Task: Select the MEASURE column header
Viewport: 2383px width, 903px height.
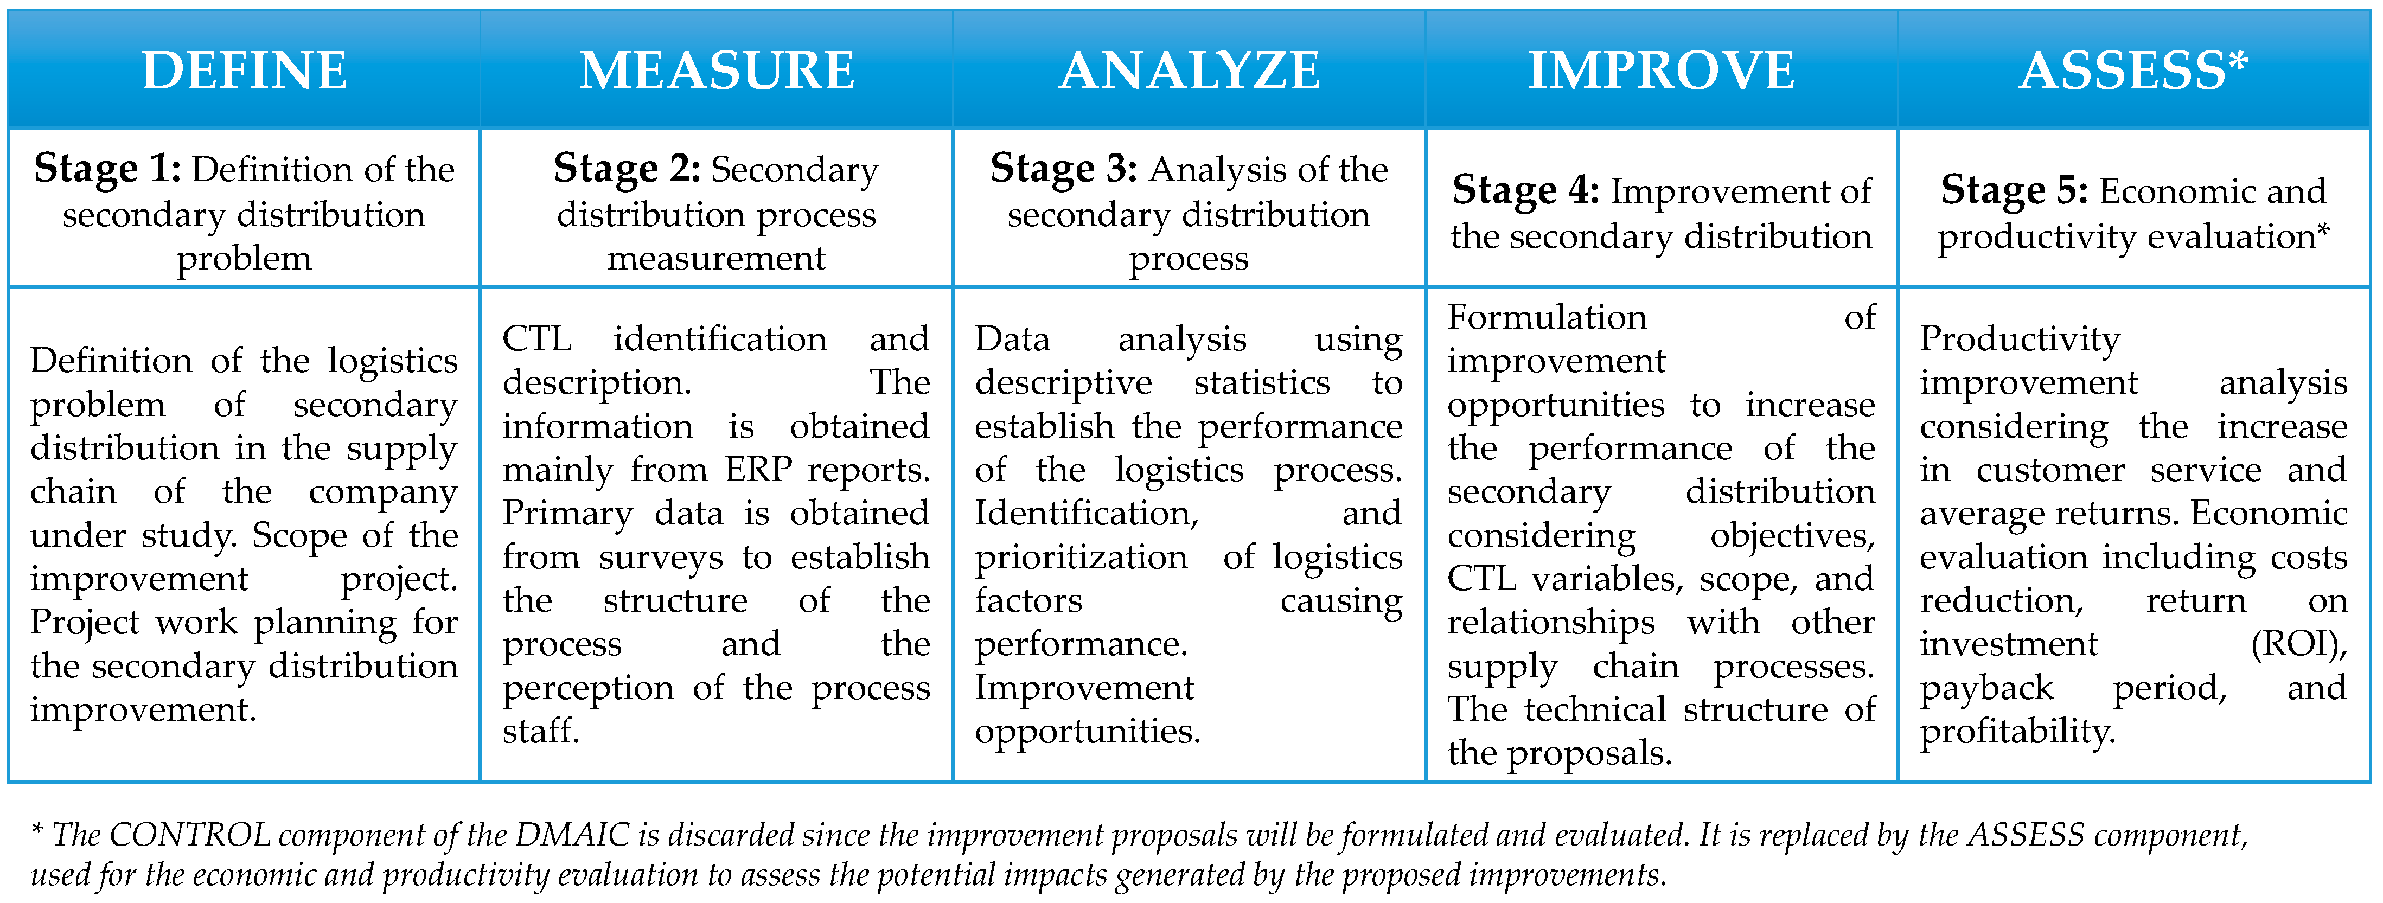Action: tap(717, 71)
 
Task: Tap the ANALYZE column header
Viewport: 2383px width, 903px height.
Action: tap(1190, 71)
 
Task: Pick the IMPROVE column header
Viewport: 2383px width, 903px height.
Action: tap(1662, 71)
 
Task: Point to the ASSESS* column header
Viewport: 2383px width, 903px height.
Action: tap(2133, 71)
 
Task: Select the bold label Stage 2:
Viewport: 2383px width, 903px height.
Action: tap(627, 169)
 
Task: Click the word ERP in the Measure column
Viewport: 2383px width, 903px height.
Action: tap(758, 470)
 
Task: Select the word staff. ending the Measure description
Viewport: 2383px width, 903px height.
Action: tap(541, 731)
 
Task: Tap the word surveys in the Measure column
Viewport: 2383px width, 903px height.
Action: tap(661, 558)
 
